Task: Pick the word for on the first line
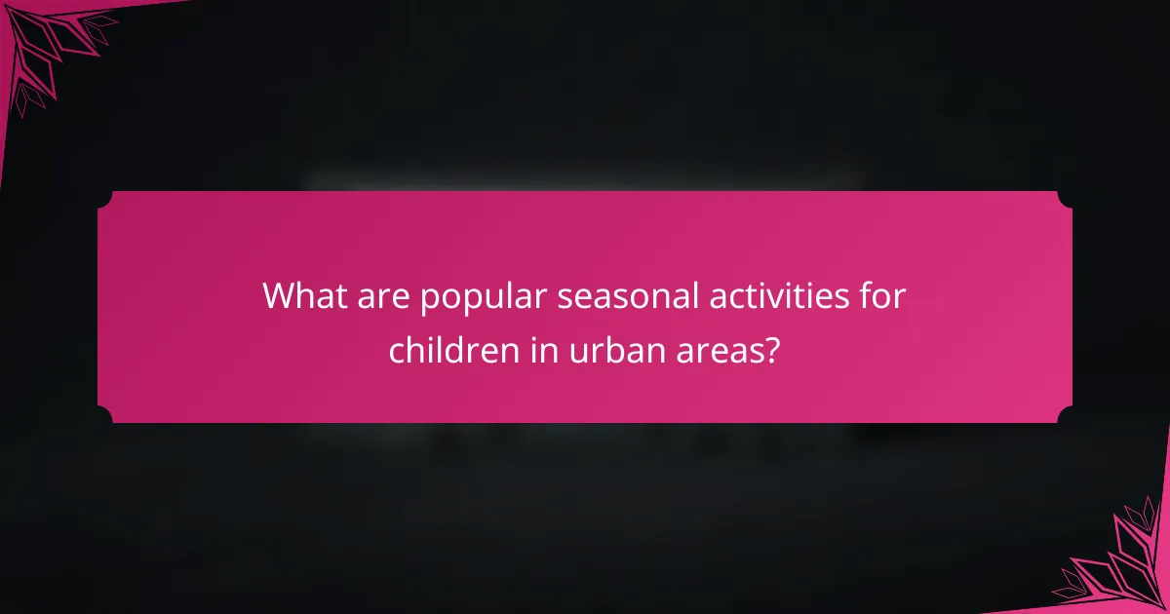coord(883,296)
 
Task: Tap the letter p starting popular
coord(430,300)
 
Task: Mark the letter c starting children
coord(397,351)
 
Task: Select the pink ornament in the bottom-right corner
coord(1121,565)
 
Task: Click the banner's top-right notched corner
coord(1065,199)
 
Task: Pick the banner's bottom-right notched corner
coord(1065,415)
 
